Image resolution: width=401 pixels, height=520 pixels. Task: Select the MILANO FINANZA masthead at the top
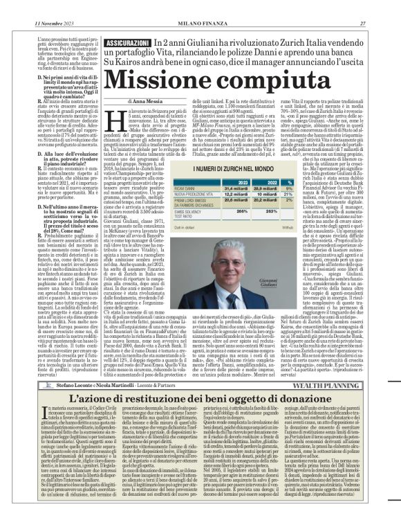[x=200, y=6]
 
